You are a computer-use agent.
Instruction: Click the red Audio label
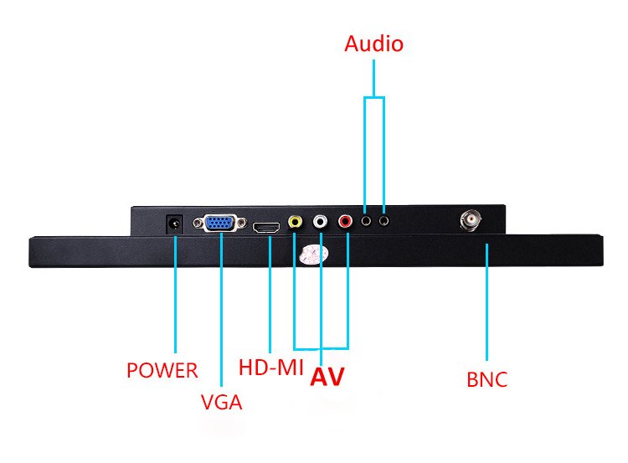tap(373, 44)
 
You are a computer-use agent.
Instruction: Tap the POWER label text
tap(162, 369)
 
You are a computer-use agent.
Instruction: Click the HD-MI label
tap(270, 367)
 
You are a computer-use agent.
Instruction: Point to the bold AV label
tap(327, 377)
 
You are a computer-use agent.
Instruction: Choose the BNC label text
tap(487, 379)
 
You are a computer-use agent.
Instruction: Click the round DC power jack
tap(174, 224)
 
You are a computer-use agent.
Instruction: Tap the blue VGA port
tap(220, 224)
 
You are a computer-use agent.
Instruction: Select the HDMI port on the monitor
tap(269, 226)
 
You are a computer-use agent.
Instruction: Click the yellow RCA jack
tap(295, 223)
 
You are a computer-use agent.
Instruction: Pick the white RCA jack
tap(321, 223)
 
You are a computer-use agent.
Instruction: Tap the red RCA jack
tap(346, 223)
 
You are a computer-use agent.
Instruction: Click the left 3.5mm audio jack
tap(366, 222)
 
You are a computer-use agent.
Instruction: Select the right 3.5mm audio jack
tap(383, 222)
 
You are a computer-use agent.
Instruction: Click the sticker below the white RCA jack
tap(311, 255)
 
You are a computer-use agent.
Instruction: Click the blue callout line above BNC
tap(487, 301)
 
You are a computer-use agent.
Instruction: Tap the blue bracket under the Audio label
tap(374, 99)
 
